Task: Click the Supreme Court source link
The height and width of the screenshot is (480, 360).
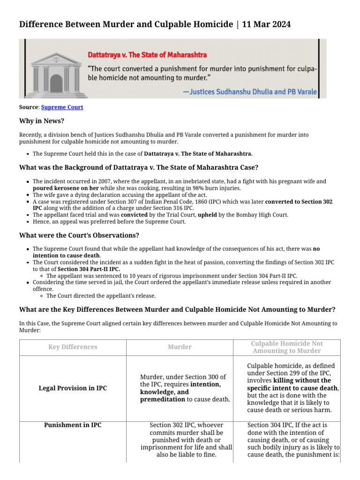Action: (62, 107)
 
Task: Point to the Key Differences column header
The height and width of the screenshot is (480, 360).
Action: (73, 347)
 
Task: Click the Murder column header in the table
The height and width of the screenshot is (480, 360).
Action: (180, 347)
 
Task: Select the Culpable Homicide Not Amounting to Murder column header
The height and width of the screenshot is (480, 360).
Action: (286, 347)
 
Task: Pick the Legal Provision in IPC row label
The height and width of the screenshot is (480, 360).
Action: (73, 388)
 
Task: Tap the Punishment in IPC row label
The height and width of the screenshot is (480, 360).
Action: (73, 425)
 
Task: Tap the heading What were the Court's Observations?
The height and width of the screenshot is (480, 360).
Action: (79, 235)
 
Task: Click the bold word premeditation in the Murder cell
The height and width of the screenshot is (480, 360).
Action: (162, 399)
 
